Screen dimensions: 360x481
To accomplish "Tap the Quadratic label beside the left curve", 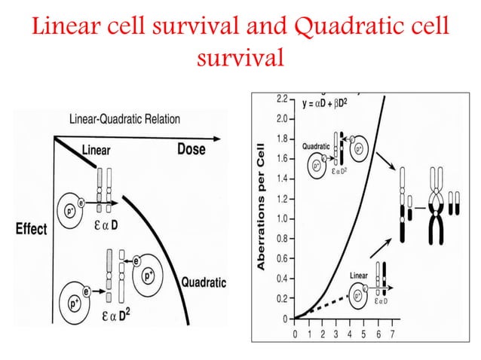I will point(201,283).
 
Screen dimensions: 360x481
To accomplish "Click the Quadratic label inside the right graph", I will point(318,146).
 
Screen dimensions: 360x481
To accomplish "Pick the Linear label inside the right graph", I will point(358,276).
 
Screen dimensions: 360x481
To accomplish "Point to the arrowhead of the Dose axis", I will point(220,138).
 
